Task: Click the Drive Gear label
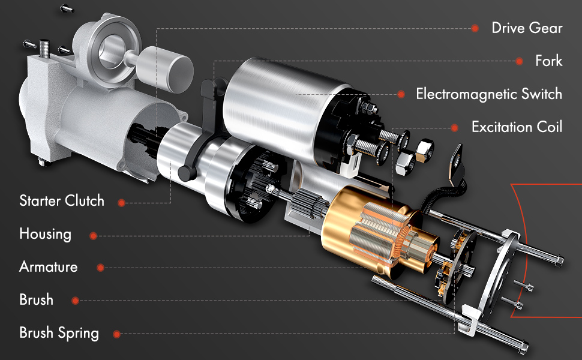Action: [x=527, y=28]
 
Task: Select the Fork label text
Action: [x=548, y=61]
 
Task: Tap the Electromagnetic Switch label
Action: [x=488, y=94]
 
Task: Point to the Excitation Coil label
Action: [x=517, y=127]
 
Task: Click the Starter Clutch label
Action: [x=61, y=200]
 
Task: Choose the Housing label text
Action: [x=45, y=234]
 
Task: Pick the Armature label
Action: [x=48, y=266]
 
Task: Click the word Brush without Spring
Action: [x=36, y=299]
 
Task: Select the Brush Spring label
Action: [x=59, y=332]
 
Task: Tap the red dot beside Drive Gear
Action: [x=475, y=28]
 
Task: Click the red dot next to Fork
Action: [x=519, y=61]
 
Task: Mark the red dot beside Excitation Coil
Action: [x=455, y=128]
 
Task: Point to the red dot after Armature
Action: [x=101, y=268]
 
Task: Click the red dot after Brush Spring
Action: [x=118, y=334]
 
